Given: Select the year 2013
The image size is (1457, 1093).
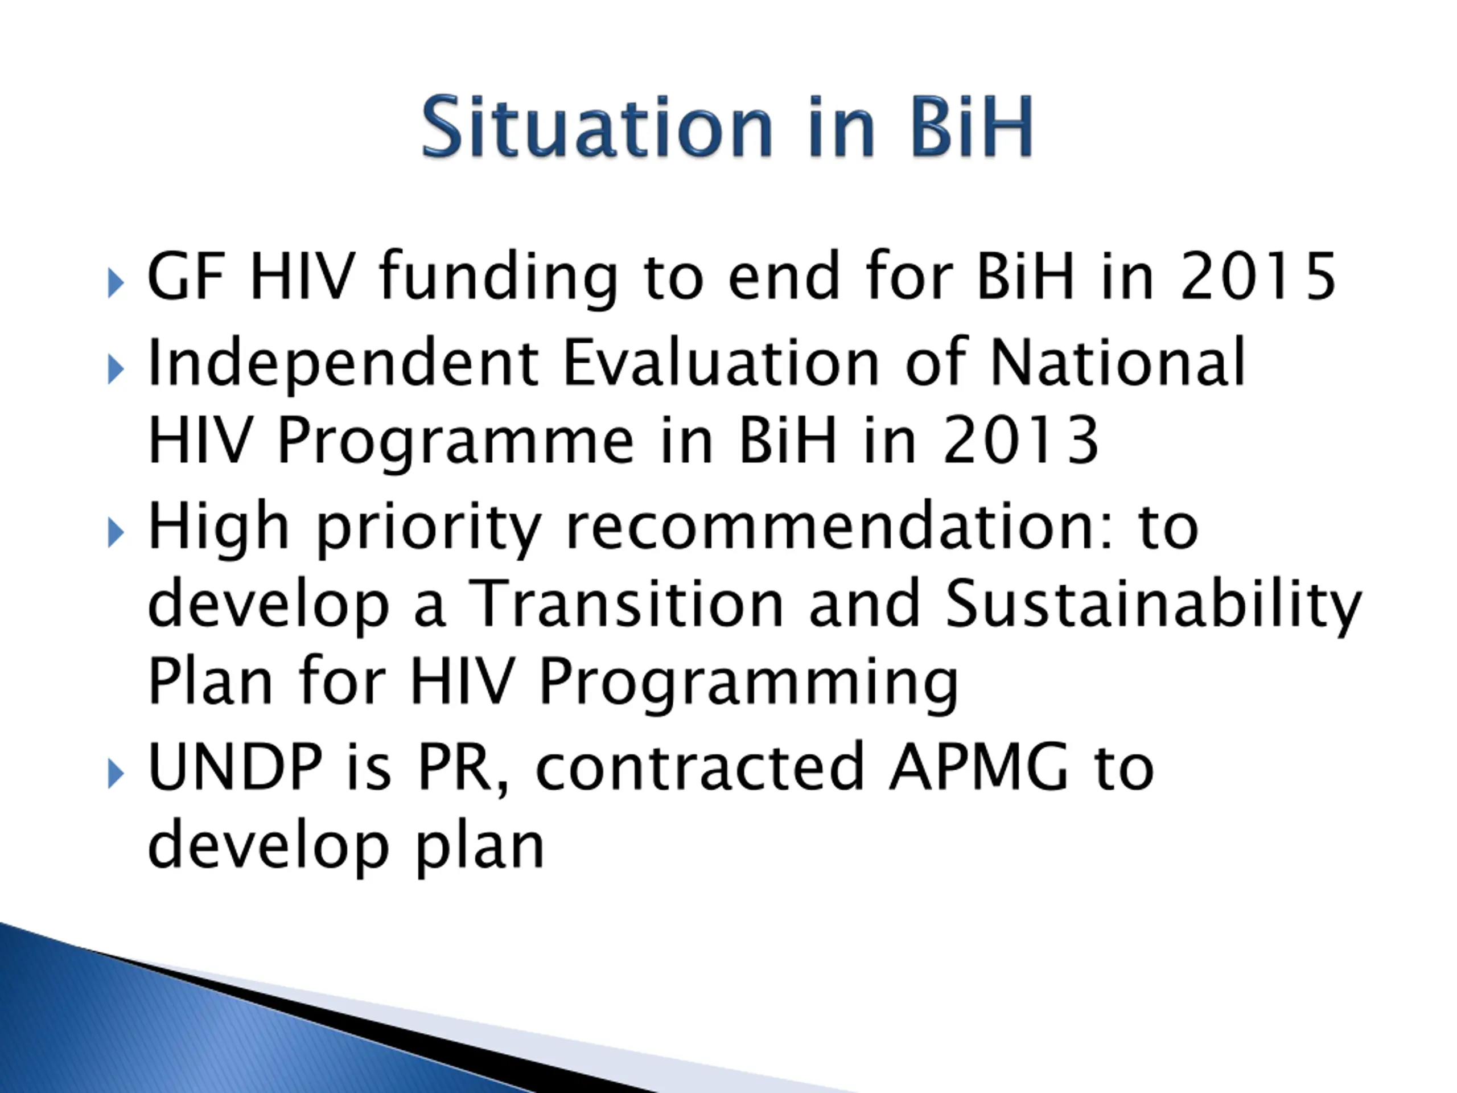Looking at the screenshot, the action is pyautogui.click(x=1020, y=439).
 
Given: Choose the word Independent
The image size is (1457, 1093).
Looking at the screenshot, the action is pyautogui.click(x=343, y=364).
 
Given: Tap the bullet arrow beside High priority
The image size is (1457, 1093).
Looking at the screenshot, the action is pyautogui.click(x=116, y=532).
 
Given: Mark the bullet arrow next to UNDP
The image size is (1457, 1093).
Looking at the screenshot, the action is pyautogui.click(x=116, y=774).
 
